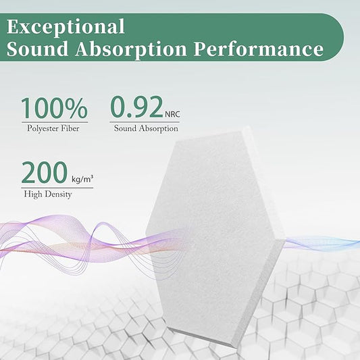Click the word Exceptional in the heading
[x=66, y=27]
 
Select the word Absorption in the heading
[x=146, y=49]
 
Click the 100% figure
[x=53, y=108]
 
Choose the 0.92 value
[x=136, y=108]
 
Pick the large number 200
[x=44, y=173]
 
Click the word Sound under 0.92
[x=126, y=128]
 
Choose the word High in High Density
[x=31, y=194]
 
